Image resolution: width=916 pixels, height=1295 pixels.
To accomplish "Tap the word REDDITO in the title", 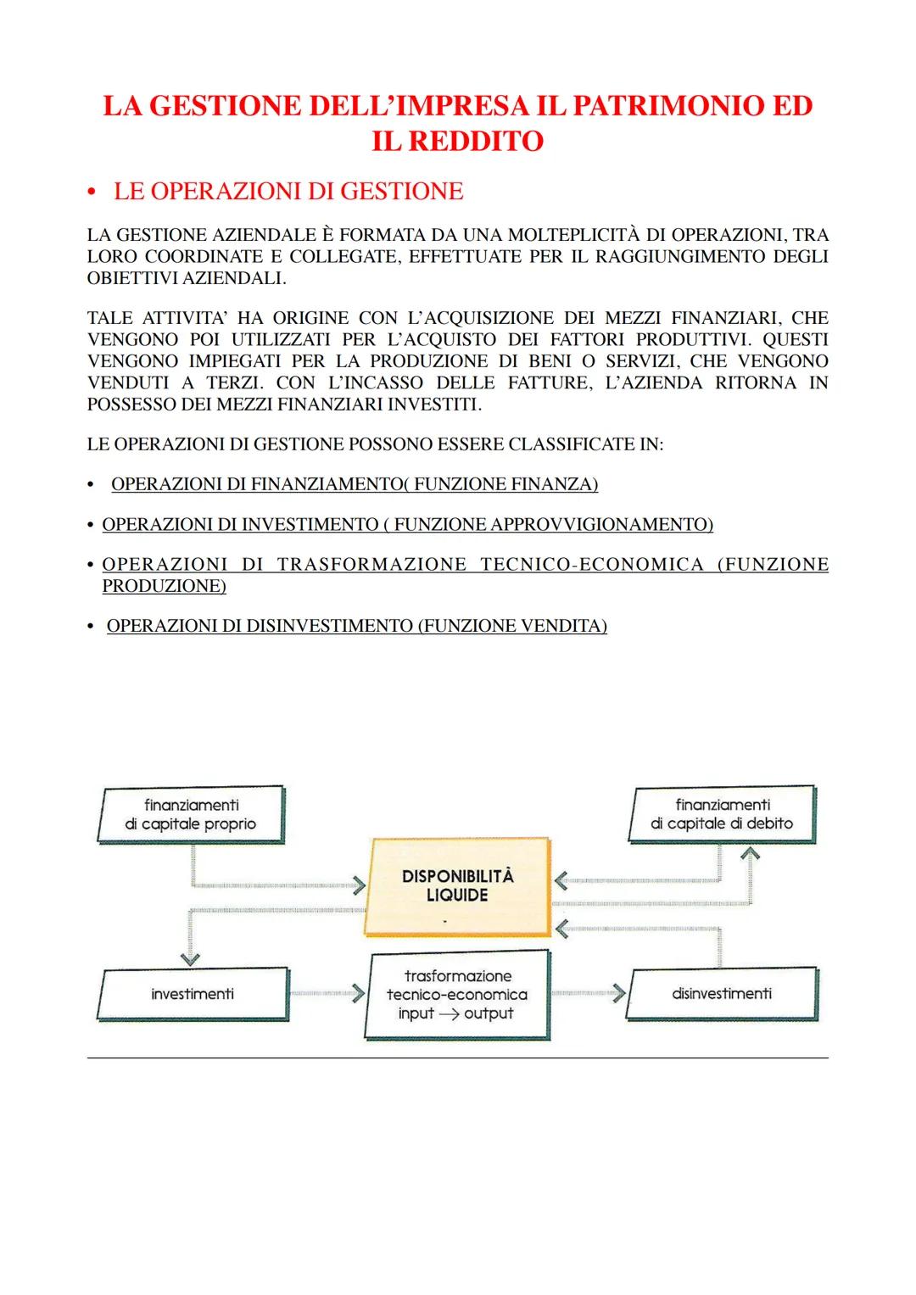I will (x=476, y=141).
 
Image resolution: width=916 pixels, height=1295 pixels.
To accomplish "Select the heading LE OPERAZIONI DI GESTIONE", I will (x=288, y=192).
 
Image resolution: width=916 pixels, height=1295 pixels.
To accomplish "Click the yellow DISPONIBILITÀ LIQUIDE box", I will (x=457, y=886).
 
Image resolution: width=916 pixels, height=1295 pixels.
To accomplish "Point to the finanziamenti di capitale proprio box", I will (x=191, y=815).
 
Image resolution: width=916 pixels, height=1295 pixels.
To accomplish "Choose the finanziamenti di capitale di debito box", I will (x=722, y=814).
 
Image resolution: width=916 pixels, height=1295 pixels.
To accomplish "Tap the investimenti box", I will (x=193, y=994).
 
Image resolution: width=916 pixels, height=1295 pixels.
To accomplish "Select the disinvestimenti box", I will (x=722, y=993).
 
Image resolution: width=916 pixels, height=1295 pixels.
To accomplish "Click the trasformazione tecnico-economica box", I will (x=457, y=995).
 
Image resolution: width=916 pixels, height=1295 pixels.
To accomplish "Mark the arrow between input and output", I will (x=449, y=1014).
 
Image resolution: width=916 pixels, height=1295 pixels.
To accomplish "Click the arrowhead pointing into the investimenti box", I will (x=190, y=959).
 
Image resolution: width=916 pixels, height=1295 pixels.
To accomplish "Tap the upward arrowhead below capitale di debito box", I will (x=750, y=853).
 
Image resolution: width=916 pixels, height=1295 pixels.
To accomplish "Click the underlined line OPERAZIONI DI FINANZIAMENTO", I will (x=355, y=484).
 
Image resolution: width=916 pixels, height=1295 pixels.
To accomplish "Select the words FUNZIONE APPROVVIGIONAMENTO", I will (x=551, y=525).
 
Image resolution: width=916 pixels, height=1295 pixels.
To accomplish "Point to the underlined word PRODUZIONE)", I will (x=164, y=586).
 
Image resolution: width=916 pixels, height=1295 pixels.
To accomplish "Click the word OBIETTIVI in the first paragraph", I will (x=132, y=278).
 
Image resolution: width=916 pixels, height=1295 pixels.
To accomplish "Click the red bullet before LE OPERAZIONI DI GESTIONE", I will (x=92, y=193).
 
